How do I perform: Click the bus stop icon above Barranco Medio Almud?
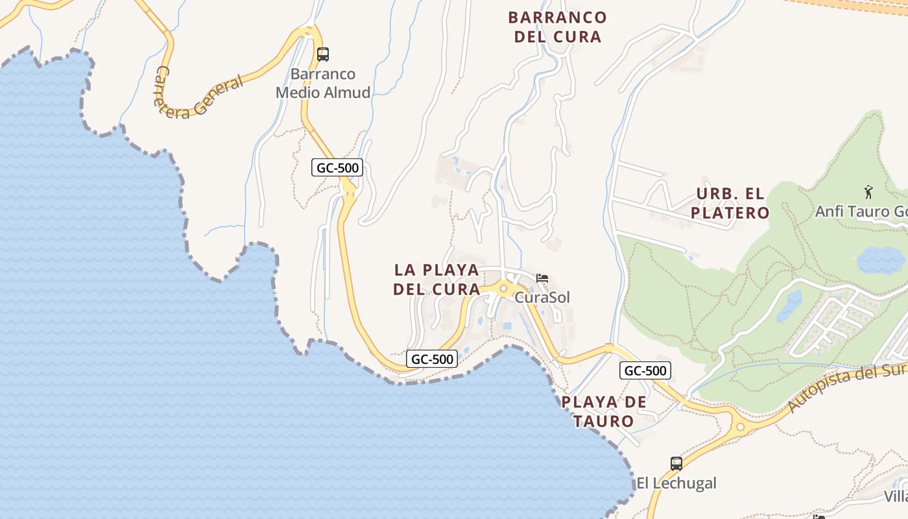click(x=323, y=54)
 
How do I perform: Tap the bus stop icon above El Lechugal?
click(x=676, y=464)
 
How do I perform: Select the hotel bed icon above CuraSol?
click(x=542, y=278)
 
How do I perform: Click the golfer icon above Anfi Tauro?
click(x=869, y=192)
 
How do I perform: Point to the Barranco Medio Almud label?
click(x=323, y=83)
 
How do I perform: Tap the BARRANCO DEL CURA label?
click(x=558, y=27)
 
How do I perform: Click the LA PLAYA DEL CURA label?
click(x=437, y=280)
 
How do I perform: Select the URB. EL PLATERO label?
click(x=730, y=203)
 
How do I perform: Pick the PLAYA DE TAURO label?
click(x=604, y=411)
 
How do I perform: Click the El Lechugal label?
click(x=676, y=483)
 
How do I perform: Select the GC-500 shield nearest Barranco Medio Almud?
click(x=337, y=168)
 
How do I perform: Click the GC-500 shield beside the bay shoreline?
click(x=433, y=358)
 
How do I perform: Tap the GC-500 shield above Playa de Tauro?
click(x=645, y=370)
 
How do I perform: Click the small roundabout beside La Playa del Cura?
click(x=503, y=288)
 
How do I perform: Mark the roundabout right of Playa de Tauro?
click(x=740, y=427)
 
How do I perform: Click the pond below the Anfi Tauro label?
click(x=880, y=261)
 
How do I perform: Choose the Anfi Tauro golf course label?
click(x=861, y=211)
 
